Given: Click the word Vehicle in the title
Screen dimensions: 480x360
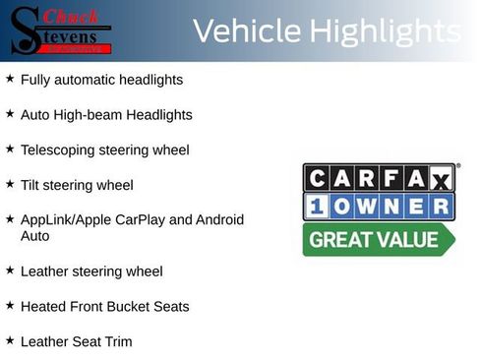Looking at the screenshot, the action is click(247, 30).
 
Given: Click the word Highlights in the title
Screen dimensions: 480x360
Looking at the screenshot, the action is click(386, 32).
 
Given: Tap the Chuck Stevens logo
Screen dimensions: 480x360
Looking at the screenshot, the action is click(60, 30).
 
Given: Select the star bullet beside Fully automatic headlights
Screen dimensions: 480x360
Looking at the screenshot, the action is click(10, 79).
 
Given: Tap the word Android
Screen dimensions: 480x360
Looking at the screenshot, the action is click(219, 219).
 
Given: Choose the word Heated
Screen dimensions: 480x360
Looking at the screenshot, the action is click(43, 307).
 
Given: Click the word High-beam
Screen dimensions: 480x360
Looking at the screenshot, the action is click(88, 115).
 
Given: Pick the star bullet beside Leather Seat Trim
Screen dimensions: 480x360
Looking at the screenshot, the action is click(10, 340).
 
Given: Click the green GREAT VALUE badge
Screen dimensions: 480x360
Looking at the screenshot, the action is click(379, 240).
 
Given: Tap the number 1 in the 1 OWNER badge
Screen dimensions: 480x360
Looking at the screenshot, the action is click(317, 207).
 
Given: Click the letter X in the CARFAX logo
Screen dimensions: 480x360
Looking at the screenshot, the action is click(442, 180).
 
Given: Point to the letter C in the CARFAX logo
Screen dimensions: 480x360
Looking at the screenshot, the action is click(317, 178).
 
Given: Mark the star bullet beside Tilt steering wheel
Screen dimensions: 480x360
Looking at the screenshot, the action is click(10, 184).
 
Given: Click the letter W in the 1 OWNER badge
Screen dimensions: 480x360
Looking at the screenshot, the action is click(367, 207).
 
